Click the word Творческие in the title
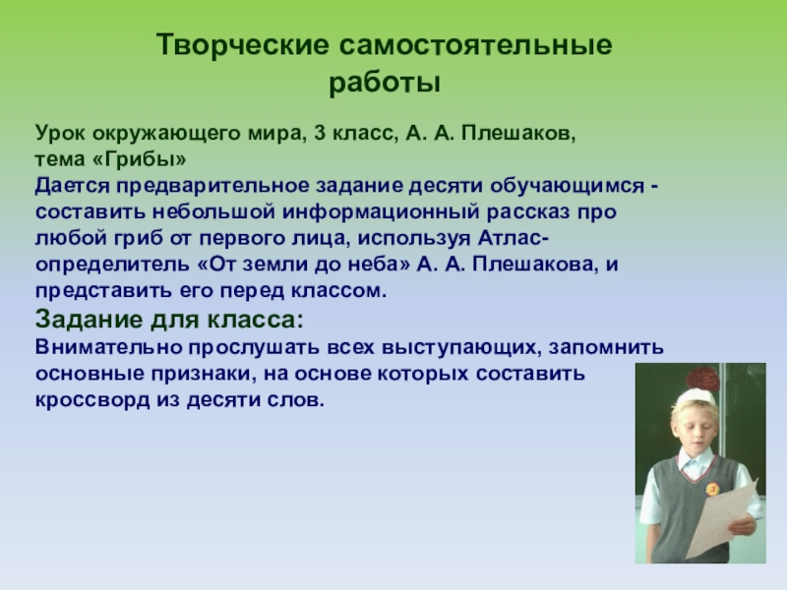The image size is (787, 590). click(242, 45)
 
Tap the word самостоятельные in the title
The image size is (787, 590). click(475, 45)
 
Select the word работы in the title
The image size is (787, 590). click(385, 84)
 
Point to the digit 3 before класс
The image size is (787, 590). click(321, 134)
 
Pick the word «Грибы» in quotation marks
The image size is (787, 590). click(139, 159)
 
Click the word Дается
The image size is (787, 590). click(72, 186)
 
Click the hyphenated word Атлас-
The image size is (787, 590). click(513, 238)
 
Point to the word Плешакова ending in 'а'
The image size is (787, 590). click(532, 265)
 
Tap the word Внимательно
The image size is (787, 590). click(108, 347)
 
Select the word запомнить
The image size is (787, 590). click(606, 348)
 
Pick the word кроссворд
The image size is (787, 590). click(92, 401)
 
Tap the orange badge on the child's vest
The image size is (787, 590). click(712, 488)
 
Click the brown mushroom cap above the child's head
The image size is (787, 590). click(702, 379)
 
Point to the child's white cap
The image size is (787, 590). click(696, 397)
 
